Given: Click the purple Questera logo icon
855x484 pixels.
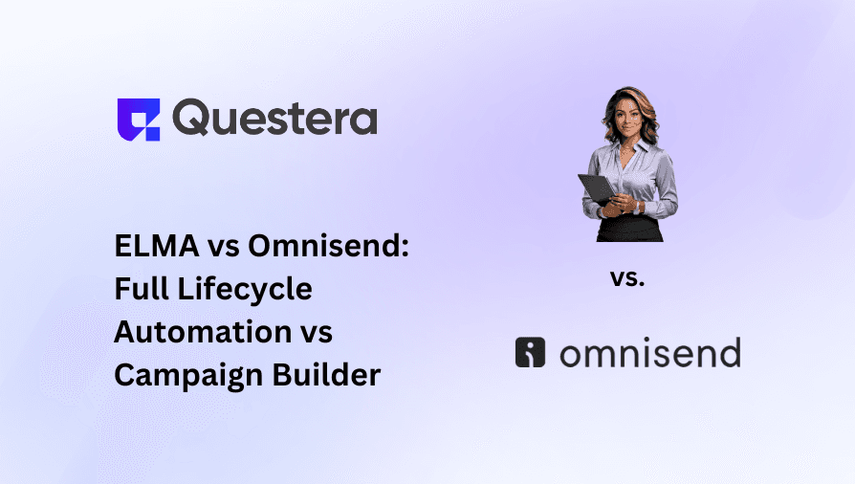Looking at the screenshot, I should pos(138,119).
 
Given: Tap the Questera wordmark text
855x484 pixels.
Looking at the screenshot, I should pos(275,119).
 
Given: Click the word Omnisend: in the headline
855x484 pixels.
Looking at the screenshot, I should pos(329,247).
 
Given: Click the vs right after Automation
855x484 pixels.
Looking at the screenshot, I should pos(311,332).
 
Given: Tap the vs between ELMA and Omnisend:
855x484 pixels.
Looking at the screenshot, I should pos(222,247).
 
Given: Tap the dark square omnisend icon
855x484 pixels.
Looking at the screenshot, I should pos(530,353).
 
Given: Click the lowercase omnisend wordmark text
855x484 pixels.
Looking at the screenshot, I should pos(649,354).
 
